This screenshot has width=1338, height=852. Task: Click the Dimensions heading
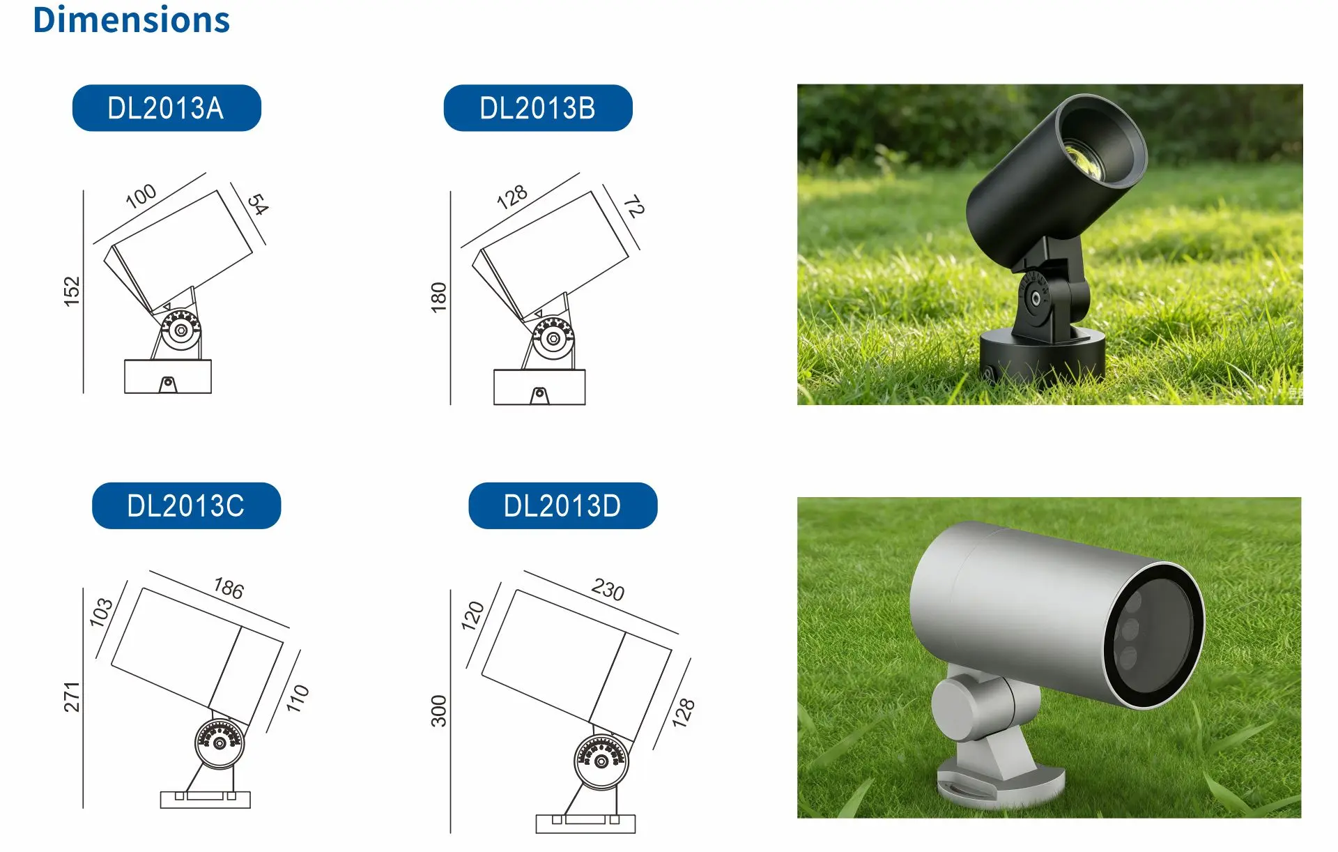[131, 20]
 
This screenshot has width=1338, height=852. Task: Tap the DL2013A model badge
[167, 108]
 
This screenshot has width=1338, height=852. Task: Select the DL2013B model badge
[538, 108]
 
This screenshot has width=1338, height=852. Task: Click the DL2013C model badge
[186, 505]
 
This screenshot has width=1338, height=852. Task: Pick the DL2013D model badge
[562, 505]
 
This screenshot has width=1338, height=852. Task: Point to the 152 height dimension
[72, 291]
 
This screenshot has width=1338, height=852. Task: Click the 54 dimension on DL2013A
[258, 204]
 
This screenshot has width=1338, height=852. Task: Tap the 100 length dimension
[141, 196]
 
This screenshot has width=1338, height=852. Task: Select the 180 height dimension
[438, 298]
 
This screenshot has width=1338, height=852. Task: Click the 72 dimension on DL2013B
[633, 206]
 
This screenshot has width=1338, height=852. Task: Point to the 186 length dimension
[229, 588]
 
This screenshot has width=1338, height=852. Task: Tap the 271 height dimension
[72, 697]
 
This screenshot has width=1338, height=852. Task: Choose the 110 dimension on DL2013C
[298, 699]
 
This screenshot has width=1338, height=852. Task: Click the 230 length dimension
[608, 590]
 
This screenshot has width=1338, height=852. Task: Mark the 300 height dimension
[438, 711]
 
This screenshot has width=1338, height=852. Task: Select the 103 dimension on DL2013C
[101, 612]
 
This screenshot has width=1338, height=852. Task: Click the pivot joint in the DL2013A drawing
[181, 330]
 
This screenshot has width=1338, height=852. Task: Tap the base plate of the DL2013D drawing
[585, 824]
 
